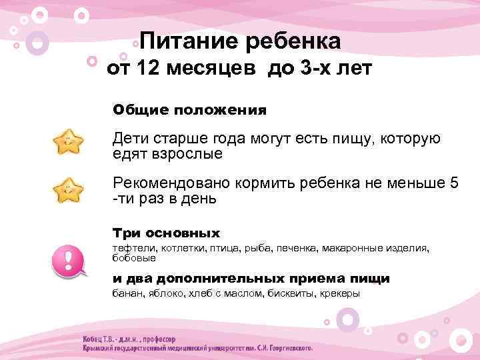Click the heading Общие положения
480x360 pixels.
click(x=189, y=109)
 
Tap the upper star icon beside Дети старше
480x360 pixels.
click(x=69, y=142)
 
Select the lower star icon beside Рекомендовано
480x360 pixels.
click(x=69, y=191)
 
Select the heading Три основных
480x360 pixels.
click(x=166, y=233)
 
